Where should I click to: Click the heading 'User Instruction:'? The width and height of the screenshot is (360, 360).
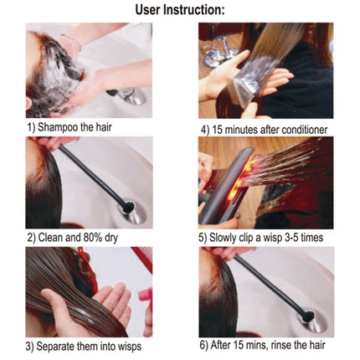click(x=181, y=9)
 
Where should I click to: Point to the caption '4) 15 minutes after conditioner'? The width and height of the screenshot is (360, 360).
click(x=263, y=129)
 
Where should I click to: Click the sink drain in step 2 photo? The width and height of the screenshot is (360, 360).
click(x=133, y=208)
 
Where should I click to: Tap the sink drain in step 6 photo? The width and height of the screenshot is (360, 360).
click(x=309, y=317)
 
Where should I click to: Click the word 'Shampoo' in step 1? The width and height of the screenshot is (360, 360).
click(x=66, y=129)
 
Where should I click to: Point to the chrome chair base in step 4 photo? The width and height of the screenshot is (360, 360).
click(x=219, y=54)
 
